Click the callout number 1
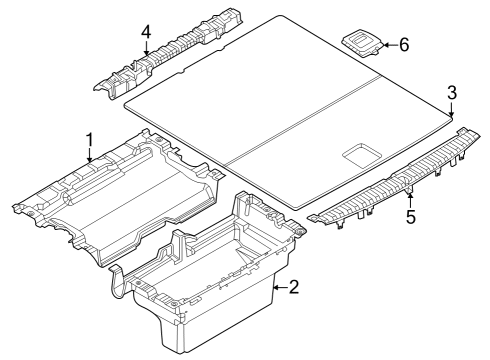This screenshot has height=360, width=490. [89, 140]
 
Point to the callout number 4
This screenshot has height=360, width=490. [146, 32]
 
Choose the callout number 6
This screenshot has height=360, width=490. [404, 44]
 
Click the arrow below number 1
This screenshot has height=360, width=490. [90, 156]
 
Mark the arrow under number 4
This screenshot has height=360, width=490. [146, 50]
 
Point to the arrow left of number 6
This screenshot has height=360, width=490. [388, 44]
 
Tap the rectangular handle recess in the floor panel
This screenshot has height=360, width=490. [361, 154]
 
